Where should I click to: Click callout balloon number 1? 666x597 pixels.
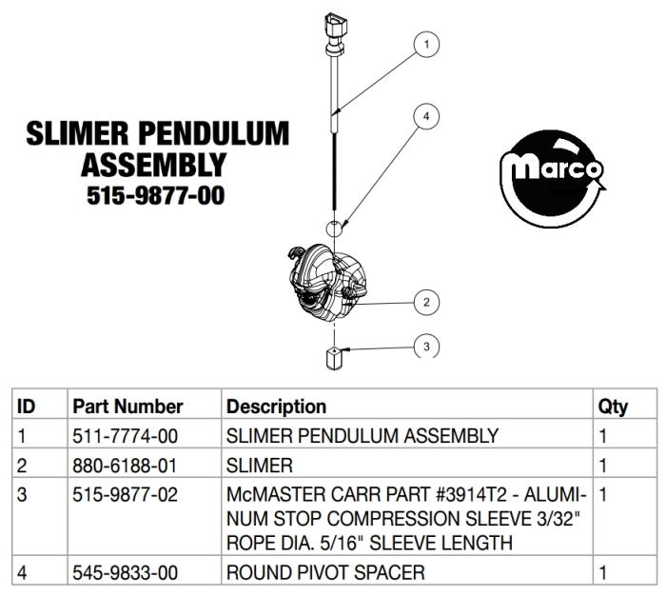point(426,44)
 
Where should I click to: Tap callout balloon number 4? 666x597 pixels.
point(426,116)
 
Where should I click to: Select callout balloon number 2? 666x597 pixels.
point(426,303)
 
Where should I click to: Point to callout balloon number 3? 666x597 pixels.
point(426,347)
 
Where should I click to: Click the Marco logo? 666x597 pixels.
point(552,179)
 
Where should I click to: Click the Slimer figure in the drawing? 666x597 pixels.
point(327,281)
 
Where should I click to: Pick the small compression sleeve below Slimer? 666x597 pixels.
point(335,358)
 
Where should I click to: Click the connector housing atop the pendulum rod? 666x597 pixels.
point(336,26)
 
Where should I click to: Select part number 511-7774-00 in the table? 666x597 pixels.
point(125,436)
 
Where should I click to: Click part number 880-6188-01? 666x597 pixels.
point(125,466)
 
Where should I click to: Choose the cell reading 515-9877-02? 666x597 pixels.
point(125,495)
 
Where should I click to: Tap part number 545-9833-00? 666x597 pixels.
point(125,573)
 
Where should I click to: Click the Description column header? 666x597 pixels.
point(276,407)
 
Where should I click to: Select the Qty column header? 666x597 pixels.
point(613,408)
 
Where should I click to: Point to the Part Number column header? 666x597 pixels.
point(127,407)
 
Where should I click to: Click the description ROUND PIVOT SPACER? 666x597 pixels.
point(325,573)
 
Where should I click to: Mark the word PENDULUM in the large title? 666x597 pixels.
point(214,133)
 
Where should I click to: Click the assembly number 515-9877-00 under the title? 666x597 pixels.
point(155,195)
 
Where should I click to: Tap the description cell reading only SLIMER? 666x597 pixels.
point(260,466)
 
